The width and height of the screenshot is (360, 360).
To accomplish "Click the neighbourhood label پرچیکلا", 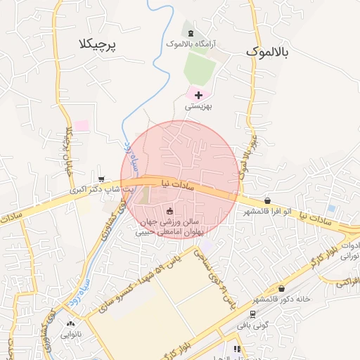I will [98, 44].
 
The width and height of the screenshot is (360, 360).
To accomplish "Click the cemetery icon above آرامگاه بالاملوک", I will [191, 32].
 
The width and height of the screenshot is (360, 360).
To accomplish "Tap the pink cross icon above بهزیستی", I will [198, 95].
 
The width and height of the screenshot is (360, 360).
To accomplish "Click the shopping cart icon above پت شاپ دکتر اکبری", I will [103, 179].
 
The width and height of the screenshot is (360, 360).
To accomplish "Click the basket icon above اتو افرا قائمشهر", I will [267, 201].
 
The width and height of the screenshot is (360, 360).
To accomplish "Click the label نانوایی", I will [70, 335].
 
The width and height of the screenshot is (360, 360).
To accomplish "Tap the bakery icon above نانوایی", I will [70, 324].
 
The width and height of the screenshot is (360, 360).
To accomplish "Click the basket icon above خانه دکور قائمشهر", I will [282, 288].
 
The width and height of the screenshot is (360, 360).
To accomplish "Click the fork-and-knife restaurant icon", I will [237, 349].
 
